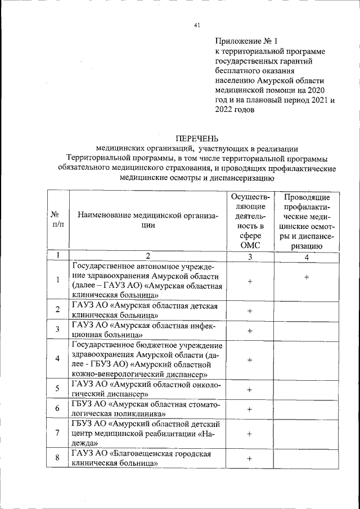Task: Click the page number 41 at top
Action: (x=195, y=24)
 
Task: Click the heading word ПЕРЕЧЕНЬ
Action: (x=196, y=138)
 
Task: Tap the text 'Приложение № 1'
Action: (x=246, y=40)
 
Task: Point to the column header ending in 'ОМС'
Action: (x=250, y=221)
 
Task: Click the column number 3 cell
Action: (x=250, y=257)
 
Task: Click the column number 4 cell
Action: (x=307, y=257)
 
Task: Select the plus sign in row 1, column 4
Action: (x=307, y=278)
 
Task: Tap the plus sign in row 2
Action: (x=250, y=310)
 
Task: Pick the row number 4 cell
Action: (x=57, y=359)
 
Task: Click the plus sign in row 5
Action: (x=250, y=389)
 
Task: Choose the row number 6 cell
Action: (x=57, y=408)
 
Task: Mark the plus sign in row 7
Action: (x=250, y=434)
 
